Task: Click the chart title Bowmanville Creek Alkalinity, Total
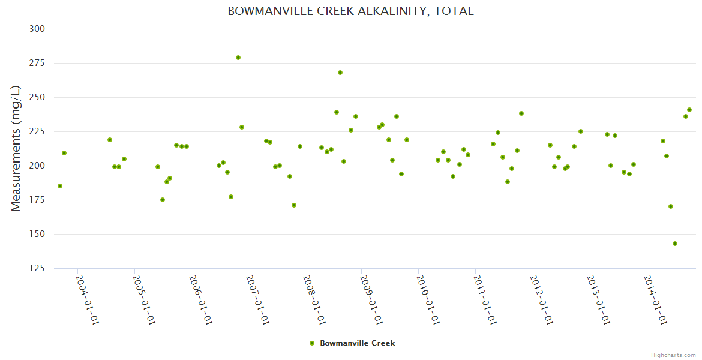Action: [350, 11]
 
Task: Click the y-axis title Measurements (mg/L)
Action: [16, 148]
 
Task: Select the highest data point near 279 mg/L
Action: [238, 58]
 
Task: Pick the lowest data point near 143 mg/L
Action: [675, 244]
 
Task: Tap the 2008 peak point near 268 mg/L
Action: [340, 73]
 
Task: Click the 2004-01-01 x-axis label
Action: [88, 299]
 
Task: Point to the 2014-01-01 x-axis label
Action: [656, 299]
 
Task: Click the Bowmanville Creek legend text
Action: [358, 343]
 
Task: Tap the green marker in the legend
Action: [311, 343]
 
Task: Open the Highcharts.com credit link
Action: [673, 355]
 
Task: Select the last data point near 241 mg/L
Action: [689, 110]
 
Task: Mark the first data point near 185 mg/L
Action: [60, 186]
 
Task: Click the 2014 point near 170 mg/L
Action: [671, 206]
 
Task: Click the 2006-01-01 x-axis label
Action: [201, 299]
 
